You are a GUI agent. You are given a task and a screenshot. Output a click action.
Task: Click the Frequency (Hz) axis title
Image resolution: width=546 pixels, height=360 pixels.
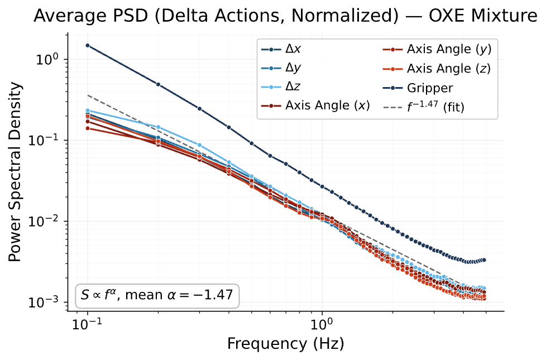[285, 344]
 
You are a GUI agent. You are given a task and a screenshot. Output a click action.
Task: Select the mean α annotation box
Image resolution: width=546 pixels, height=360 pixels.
[157, 294]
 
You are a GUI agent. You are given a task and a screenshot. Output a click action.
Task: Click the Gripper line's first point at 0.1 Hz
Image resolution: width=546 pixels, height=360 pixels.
[88, 45]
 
